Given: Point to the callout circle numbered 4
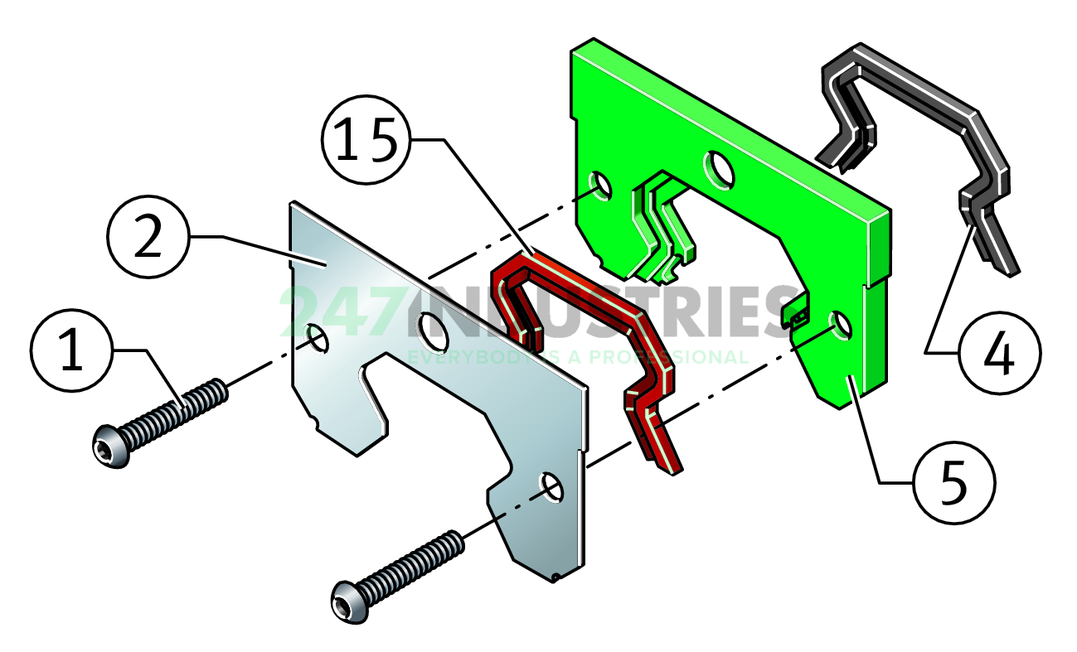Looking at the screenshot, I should pos(997,354).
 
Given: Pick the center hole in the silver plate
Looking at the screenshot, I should pos(431,329).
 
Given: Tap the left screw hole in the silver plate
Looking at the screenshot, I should pos(318,336).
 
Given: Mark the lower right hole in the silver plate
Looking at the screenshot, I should pos(551,486).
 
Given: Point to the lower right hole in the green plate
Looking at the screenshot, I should pos(839,325).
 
